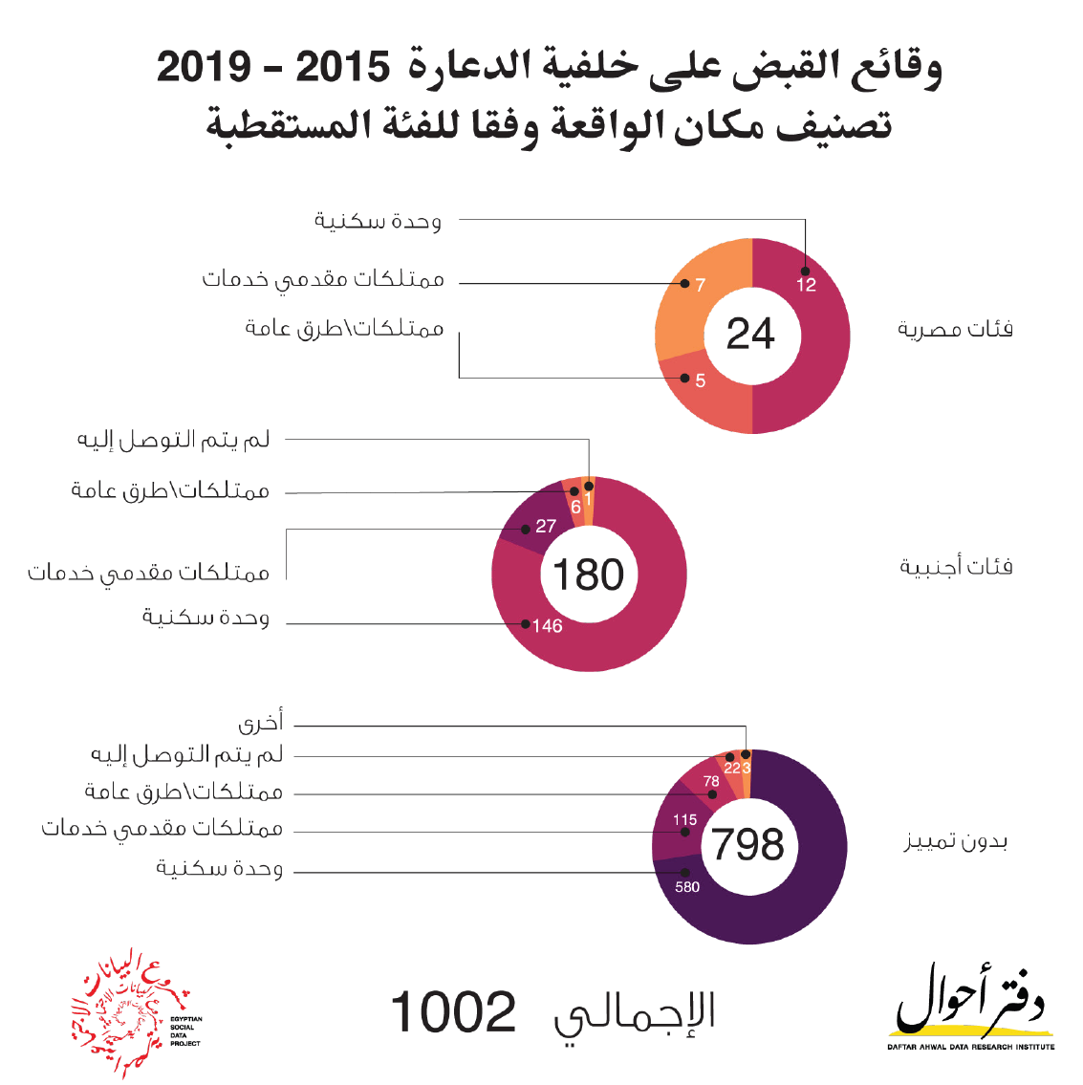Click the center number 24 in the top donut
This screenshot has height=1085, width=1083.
coord(750,335)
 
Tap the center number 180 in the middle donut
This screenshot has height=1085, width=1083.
coord(588,575)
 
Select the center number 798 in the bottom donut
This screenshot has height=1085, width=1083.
coord(748,845)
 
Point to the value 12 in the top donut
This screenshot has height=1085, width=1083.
coord(806,285)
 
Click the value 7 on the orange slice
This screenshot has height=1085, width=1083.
coord(700,285)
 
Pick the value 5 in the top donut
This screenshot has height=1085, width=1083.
coord(700,380)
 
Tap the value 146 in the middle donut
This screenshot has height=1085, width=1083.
coord(547,626)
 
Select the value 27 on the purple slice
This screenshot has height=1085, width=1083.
coord(545,527)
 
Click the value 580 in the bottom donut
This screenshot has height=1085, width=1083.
coord(687,887)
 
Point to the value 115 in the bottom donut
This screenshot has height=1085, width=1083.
coord(684,820)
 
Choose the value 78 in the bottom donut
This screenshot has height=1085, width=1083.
coord(711,781)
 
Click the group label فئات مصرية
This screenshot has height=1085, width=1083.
coord(954,330)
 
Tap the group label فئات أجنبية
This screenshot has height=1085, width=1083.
coord(955,567)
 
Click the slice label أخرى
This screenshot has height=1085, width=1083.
coord(260,722)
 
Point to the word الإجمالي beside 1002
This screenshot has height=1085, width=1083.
coord(635,1015)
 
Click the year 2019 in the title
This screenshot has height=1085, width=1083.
coord(205,69)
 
